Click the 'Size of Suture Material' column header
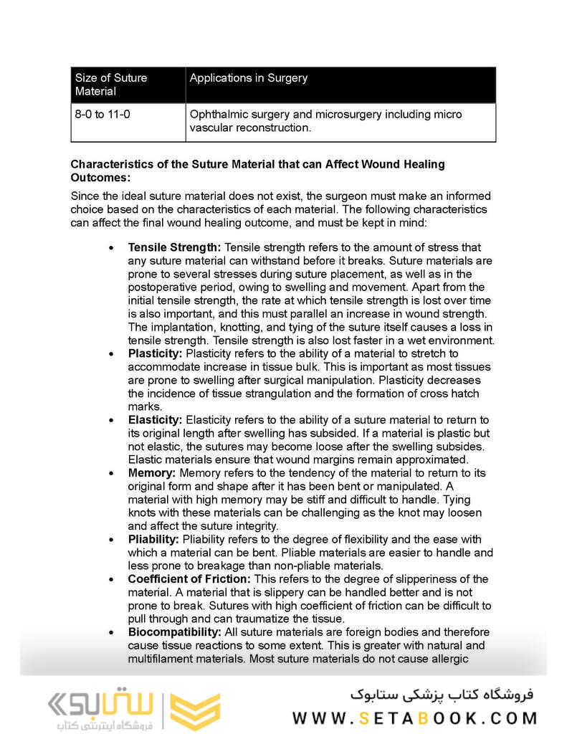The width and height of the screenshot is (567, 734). (111, 85)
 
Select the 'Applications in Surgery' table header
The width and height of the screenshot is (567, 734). (248, 78)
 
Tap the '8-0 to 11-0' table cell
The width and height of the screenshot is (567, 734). (103, 115)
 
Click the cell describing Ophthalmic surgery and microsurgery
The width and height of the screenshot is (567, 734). (325, 121)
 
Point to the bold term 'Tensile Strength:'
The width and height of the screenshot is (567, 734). (175, 247)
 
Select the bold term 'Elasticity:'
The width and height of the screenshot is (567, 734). (155, 419)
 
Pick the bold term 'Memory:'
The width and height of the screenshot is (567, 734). (151, 473)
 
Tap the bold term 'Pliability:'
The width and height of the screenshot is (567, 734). (154, 539)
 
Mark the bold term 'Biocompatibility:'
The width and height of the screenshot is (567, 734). (174, 632)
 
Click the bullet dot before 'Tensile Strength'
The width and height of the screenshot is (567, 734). (110, 248)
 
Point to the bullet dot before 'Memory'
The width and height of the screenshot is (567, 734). (110, 474)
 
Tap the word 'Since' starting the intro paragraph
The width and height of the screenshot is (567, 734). (85, 196)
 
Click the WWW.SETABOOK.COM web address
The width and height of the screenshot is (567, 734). (414, 718)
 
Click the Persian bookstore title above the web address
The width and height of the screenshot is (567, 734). (442, 694)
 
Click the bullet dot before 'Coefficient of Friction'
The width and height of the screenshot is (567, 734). (110, 580)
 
